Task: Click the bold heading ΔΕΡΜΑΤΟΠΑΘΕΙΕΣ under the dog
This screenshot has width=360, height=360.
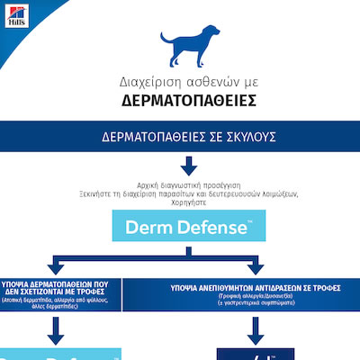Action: tap(180, 99)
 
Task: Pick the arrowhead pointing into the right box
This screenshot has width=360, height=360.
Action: tap(248, 267)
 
